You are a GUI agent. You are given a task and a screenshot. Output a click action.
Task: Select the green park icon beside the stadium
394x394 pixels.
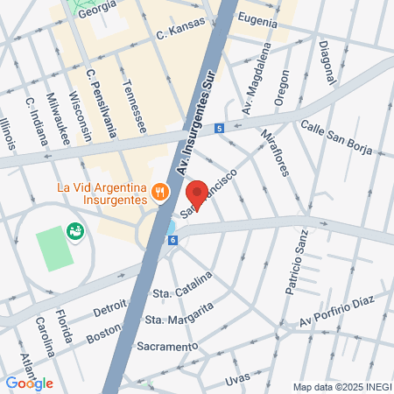[75, 233]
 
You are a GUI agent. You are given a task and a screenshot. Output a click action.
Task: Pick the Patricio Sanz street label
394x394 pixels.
[296, 260]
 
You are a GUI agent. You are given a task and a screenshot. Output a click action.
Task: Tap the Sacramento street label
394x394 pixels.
[167, 347]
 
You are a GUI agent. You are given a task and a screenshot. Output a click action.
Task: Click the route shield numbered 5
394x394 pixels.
[219, 128]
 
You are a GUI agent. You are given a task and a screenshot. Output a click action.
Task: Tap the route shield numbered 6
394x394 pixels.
[173, 239]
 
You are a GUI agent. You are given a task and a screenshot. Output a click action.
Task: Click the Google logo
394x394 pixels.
[29, 383]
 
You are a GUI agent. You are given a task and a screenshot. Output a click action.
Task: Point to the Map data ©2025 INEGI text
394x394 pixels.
[341, 387]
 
